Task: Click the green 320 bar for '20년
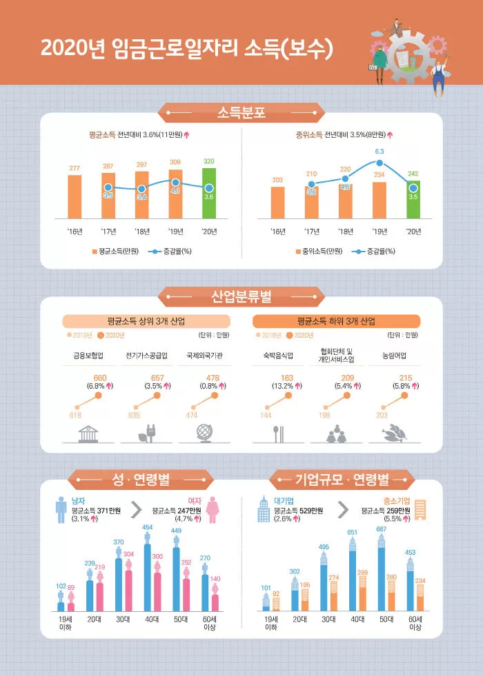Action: (x=209, y=194)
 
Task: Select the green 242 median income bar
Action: (x=413, y=200)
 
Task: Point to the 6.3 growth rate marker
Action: (x=379, y=163)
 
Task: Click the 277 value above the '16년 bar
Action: (x=75, y=168)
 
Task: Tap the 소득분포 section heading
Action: (x=241, y=112)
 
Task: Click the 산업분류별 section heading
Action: (x=241, y=298)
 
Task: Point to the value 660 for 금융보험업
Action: (x=99, y=378)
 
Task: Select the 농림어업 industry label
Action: (x=394, y=356)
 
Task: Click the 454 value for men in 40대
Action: (x=148, y=527)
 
